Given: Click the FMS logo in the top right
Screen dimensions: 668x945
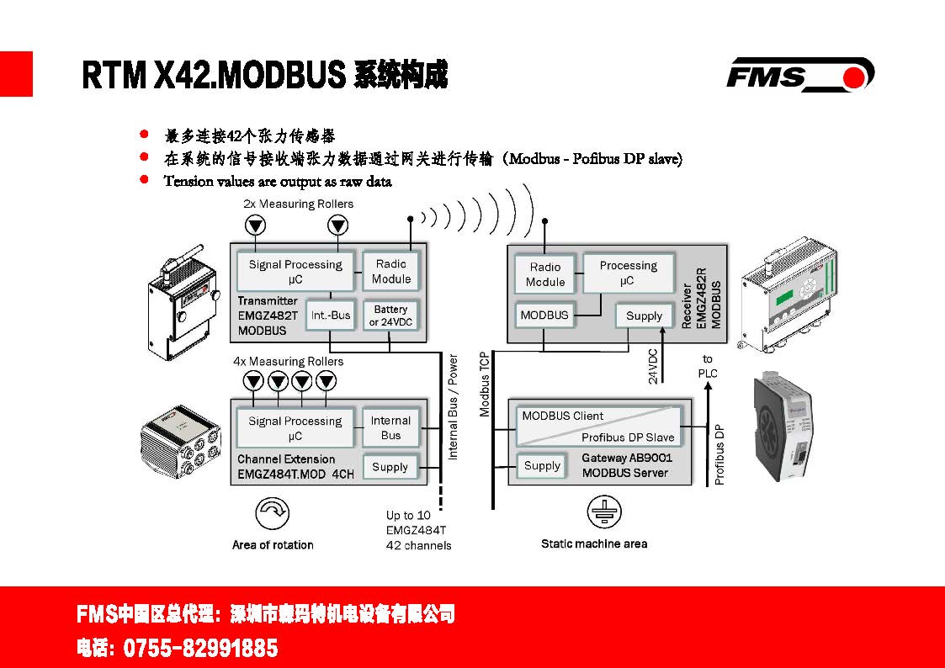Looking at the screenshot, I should (x=799, y=74).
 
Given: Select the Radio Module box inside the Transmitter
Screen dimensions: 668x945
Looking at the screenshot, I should (x=391, y=271).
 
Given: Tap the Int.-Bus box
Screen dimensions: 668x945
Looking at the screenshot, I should (x=330, y=315).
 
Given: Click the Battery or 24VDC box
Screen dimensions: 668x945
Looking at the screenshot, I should (x=390, y=315).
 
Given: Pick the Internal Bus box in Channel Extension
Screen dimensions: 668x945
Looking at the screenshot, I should (x=390, y=427).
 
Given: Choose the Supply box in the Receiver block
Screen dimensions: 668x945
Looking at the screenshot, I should (x=645, y=315).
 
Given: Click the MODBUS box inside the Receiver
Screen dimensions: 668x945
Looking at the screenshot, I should (x=544, y=315).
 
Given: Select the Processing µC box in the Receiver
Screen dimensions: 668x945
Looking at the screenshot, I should (x=628, y=273).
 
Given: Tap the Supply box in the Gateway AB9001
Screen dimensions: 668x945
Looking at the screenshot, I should (x=542, y=465).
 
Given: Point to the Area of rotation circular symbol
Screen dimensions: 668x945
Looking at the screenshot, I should (x=271, y=513).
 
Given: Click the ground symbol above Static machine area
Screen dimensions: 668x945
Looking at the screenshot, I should (x=601, y=512).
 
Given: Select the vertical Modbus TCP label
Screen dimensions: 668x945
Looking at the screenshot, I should (x=485, y=384).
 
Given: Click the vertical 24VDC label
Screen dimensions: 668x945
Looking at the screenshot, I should (x=653, y=366).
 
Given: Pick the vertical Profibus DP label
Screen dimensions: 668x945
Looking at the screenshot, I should (x=719, y=453).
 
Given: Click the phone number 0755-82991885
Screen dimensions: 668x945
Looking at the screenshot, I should (x=200, y=649).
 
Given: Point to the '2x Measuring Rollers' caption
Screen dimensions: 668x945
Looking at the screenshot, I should (x=298, y=204).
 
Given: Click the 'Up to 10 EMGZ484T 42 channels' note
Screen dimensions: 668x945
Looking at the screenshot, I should (x=418, y=530).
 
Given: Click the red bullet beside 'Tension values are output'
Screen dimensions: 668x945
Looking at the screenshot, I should (x=145, y=179).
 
